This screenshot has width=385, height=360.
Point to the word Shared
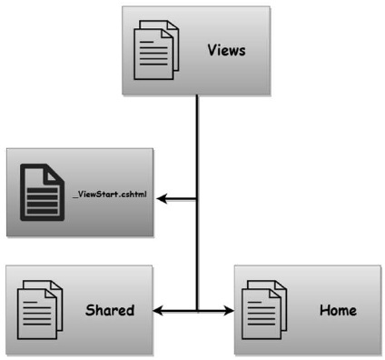(x=109, y=310)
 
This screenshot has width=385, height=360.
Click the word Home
(x=338, y=310)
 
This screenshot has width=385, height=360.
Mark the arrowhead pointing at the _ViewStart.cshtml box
(x=166, y=199)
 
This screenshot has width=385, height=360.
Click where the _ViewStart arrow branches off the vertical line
(x=197, y=199)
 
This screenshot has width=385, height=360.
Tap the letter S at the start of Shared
(x=90, y=310)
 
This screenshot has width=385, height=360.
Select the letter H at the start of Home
(x=324, y=310)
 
